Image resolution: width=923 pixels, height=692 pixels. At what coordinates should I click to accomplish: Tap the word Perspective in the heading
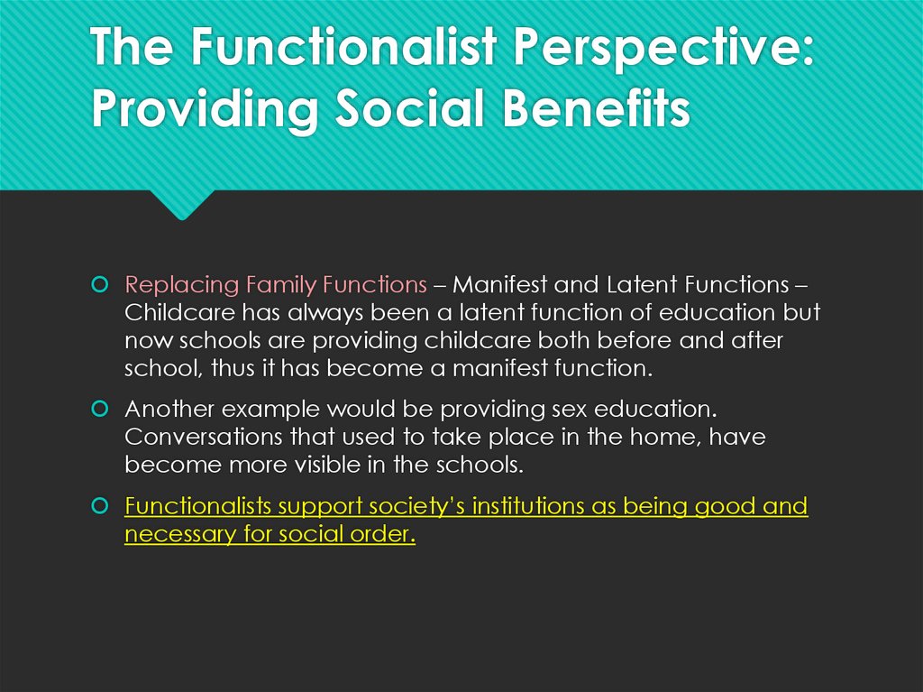pos(663,50)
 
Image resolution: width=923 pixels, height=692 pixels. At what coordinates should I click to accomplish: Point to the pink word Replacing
pos(181,285)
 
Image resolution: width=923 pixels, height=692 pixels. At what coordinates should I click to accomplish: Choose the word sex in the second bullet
pos(570,409)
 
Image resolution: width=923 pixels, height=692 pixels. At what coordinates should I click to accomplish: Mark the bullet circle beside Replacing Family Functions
pos(100,285)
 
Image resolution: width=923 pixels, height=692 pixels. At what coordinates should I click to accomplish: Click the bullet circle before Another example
pos(100,409)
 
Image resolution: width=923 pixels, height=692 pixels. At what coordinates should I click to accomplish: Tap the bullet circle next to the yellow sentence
pos(100,506)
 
